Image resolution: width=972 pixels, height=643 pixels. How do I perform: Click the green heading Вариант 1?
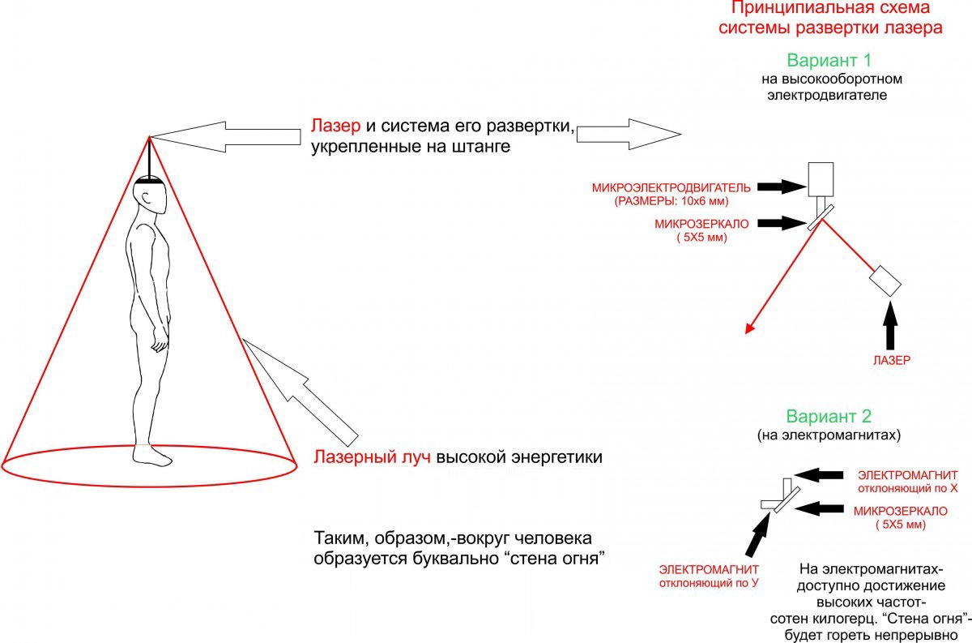click(828, 61)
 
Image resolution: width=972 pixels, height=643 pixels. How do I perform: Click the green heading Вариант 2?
click(827, 417)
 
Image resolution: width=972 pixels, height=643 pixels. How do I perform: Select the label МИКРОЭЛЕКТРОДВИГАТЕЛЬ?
click(671, 187)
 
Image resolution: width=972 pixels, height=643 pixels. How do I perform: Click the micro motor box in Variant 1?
click(821, 178)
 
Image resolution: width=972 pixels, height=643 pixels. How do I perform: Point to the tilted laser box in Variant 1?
click(885, 280)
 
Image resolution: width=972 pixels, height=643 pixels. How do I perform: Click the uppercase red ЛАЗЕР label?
click(891, 358)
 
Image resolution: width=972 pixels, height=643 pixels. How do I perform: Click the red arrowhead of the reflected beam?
click(750, 328)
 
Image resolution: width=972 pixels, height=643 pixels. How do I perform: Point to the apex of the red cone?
click(149, 137)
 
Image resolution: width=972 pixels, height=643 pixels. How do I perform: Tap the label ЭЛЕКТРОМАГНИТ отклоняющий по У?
click(710, 576)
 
